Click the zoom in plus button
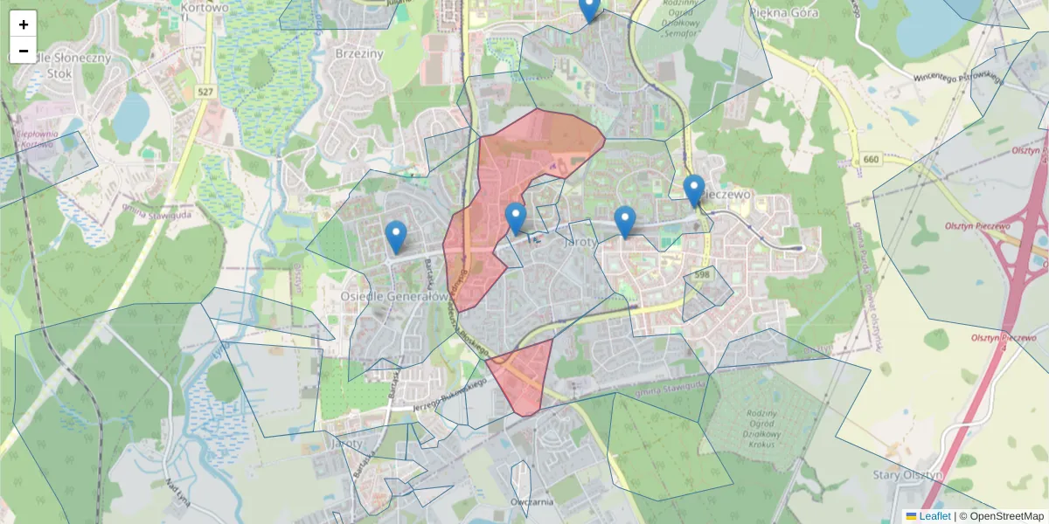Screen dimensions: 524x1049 tap(24, 24)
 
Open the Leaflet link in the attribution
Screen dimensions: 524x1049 tap(934, 516)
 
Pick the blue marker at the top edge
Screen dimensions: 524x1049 tap(590, 8)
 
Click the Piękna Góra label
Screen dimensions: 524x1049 tap(785, 11)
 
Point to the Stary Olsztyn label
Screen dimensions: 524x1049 tap(908, 475)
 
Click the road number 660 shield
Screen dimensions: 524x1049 tap(870, 159)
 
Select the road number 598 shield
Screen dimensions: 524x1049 tap(700, 275)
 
